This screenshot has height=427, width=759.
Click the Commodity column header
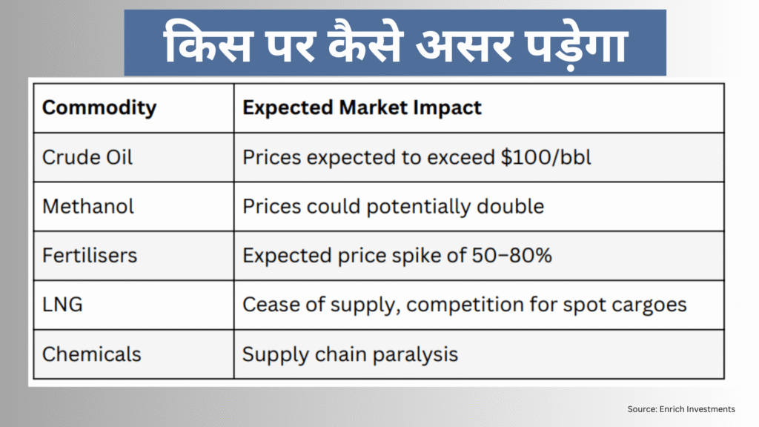click(x=99, y=107)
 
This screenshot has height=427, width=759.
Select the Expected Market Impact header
click(x=362, y=107)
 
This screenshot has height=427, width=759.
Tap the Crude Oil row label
click(x=87, y=157)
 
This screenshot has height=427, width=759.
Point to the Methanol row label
click(x=88, y=206)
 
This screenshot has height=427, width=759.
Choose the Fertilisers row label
click(x=90, y=256)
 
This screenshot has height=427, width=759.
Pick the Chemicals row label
click(x=91, y=354)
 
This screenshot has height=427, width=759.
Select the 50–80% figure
click(x=511, y=256)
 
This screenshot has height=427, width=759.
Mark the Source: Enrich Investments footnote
click(x=680, y=408)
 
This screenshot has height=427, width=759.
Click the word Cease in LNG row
click(x=268, y=305)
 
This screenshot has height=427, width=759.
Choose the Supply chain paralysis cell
click(x=350, y=354)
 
